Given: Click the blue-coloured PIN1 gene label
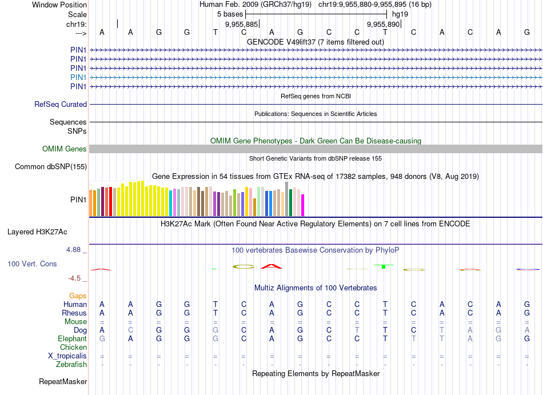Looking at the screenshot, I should (78, 77).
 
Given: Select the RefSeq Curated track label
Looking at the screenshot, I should (61, 105).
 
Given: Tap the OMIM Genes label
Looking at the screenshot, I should (65, 149).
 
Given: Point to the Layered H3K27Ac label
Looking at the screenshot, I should (37, 232).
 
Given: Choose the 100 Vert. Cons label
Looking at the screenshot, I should (32, 264).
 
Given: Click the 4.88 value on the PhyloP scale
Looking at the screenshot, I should (76, 250).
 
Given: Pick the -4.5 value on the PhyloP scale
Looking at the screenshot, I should (77, 278).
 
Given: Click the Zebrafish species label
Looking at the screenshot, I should (71, 365).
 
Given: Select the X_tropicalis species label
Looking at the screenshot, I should (67, 356).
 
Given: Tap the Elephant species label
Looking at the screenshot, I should (72, 339).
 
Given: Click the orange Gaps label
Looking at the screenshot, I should (78, 296).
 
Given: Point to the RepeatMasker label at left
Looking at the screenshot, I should (63, 381).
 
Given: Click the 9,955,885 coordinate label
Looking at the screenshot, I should (242, 25).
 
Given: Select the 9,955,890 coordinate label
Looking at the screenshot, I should (383, 25).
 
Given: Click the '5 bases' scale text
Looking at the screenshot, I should (229, 14).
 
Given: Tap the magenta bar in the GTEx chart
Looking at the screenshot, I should (303, 205).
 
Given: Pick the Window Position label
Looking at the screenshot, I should (59, 5).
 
